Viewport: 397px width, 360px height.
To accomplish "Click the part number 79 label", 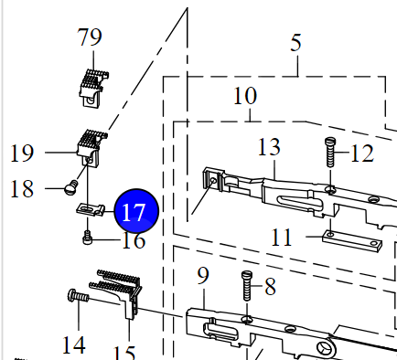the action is pyautogui.click(x=90, y=37).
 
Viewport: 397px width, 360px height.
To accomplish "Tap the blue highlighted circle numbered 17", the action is pyautogui.click(x=136, y=211).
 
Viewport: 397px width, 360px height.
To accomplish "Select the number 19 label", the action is pyautogui.click(x=22, y=153).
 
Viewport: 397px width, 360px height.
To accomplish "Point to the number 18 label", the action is pyautogui.click(x=22, y=189).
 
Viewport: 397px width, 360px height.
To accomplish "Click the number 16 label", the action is pyautogui.click(x=134, y=240).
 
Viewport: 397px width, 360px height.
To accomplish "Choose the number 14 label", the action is pyautogui.click(x=73, y=345).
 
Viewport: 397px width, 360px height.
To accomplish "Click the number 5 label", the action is pyautogui.click(x=295, y=43).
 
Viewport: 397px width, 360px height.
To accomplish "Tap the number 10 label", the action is pyautogui.click(x=245, y=96).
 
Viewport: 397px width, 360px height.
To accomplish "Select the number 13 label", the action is pyautogui.click(x=269, y=147).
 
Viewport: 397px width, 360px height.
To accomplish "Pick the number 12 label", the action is pyautogui.click(x=362, y=154).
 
